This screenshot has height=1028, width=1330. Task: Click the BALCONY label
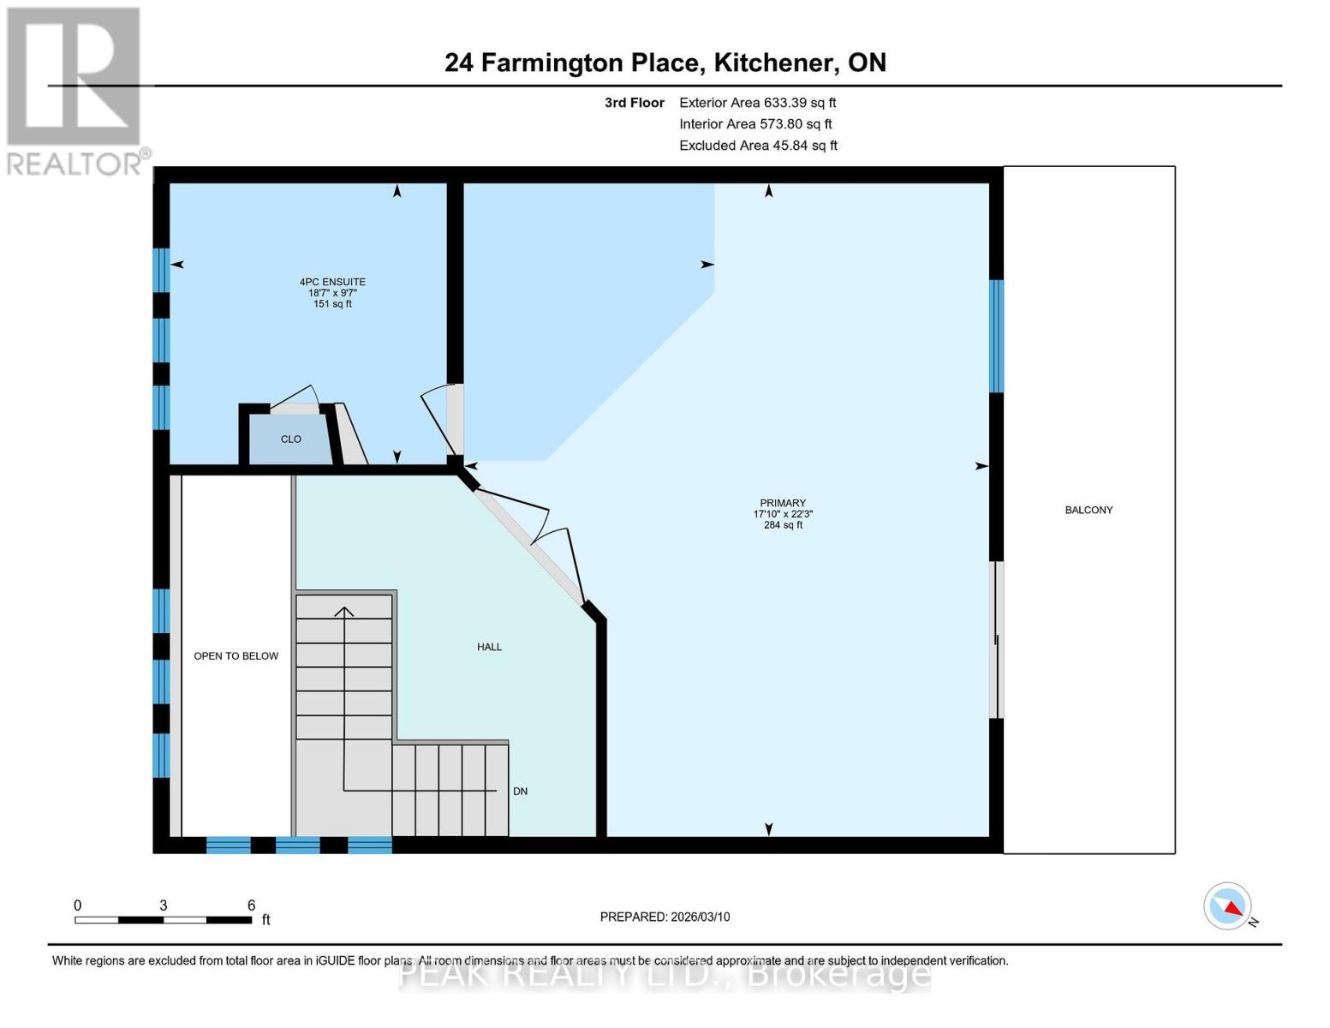pos(1088,510)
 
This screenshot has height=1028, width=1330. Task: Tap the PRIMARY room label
pos(783,503)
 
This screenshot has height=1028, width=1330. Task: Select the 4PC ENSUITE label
pos(332,282)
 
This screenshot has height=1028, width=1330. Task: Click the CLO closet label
pos(291,439)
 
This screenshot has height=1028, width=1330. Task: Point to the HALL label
pos(489,647)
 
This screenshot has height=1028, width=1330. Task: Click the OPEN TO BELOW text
pos(236,656)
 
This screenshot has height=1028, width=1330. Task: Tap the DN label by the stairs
pos(520,792)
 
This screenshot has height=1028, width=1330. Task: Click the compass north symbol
pos(1229,906)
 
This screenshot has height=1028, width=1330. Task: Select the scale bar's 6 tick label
pos(251,905)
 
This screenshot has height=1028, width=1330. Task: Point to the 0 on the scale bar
pos(78,905)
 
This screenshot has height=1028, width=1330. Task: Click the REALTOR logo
pos(75,90)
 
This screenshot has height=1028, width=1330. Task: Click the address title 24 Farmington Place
pos(665,63)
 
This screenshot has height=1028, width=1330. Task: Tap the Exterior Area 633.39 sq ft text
pos(757,103)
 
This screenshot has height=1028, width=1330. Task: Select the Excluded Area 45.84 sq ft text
pos(758,146)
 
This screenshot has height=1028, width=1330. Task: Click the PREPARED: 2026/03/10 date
pos(665,917)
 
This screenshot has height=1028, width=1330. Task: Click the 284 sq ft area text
pos(783,525)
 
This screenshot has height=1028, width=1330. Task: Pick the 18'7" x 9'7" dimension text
pos(332,293)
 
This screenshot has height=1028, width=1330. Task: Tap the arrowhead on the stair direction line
pos(344,611)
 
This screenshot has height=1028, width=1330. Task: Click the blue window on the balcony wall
pos(997,336)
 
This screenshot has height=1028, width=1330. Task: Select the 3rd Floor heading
pos(634,103)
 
